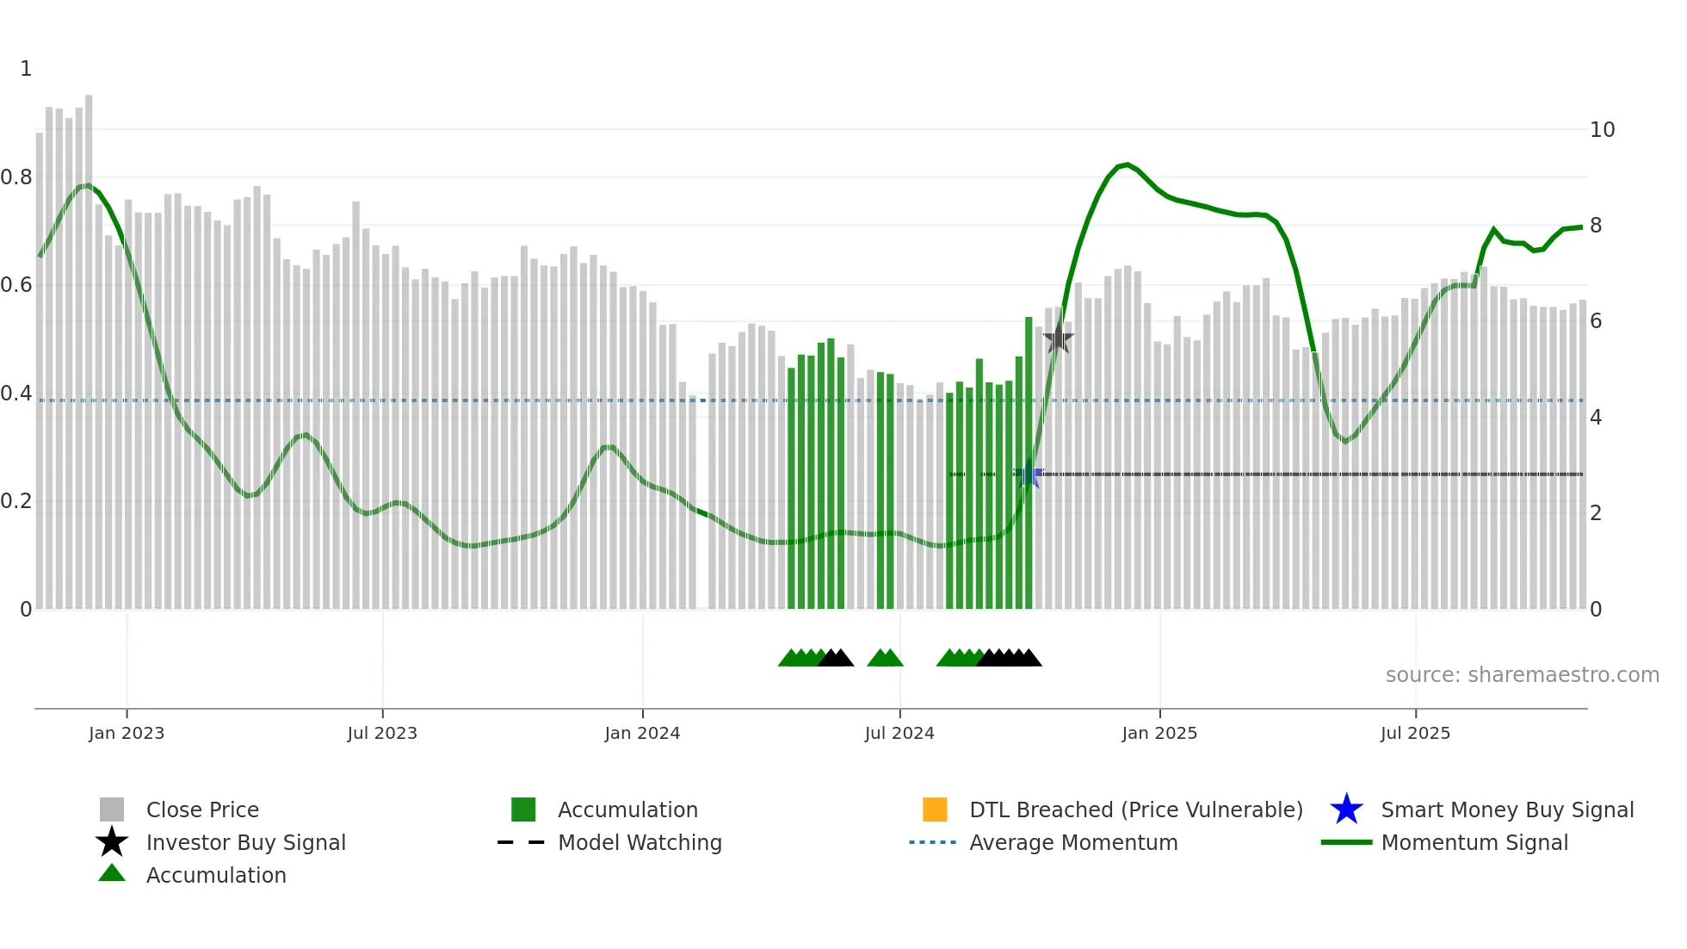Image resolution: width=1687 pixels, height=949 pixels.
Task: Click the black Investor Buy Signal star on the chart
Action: (1058, 338)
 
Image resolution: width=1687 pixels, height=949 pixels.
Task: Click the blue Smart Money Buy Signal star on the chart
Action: (1029, 474)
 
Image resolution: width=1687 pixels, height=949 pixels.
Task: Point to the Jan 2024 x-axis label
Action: (642, 733)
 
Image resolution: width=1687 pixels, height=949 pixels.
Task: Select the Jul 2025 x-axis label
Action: (1415, 733)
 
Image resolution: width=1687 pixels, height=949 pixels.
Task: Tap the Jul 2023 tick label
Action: (382, 733)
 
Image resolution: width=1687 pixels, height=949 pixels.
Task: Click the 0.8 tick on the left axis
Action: (17, 177)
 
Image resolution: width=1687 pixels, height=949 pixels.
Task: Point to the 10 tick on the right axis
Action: (1602, 130)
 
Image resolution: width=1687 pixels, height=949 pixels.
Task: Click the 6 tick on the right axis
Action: (1596, 321)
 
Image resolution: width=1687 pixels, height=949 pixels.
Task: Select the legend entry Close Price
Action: (202, 809)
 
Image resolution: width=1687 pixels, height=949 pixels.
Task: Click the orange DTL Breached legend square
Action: (935, 809)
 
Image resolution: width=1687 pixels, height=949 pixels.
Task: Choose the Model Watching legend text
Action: (640, 842)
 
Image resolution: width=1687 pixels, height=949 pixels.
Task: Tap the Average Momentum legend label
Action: (1073, 842)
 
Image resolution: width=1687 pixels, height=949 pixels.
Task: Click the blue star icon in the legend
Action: (1346, 809)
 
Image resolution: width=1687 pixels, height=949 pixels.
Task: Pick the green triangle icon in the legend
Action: (112, 874)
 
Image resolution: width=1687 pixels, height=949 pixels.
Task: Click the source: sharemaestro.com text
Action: (1522, 675)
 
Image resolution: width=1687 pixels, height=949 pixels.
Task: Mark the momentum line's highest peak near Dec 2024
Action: (1127, 164)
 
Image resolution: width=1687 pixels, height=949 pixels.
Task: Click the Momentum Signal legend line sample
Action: (1346, 842)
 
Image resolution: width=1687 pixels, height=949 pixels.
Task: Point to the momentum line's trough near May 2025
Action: (1345, 442)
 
